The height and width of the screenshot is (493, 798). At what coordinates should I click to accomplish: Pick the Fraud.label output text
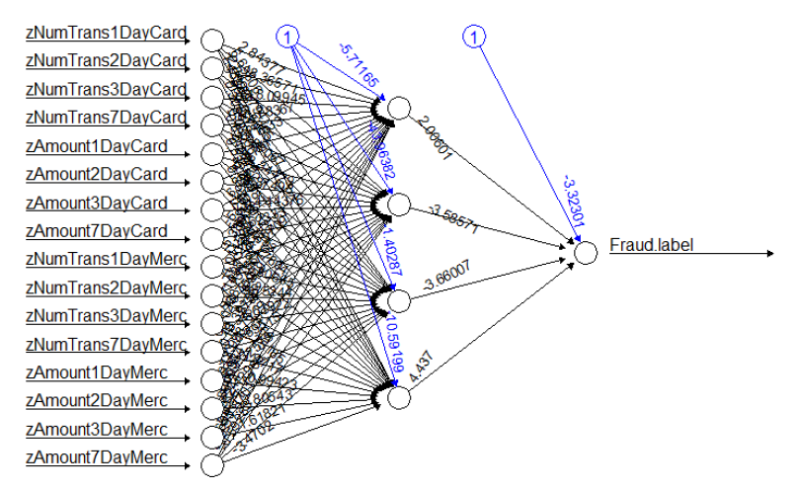(652, 244)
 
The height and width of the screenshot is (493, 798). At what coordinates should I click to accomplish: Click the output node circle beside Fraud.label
(586, 252)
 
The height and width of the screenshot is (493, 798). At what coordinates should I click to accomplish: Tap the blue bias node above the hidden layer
(287, 38)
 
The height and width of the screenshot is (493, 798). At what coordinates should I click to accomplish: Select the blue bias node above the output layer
(474, 38)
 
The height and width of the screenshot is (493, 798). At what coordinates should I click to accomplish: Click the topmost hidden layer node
(398, 108)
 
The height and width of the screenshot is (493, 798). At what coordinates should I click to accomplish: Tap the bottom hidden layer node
(398, 397)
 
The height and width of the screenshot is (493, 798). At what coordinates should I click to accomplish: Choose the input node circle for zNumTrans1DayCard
(211, 40)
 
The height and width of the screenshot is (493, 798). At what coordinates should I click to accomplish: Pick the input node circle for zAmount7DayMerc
(211, 463)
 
